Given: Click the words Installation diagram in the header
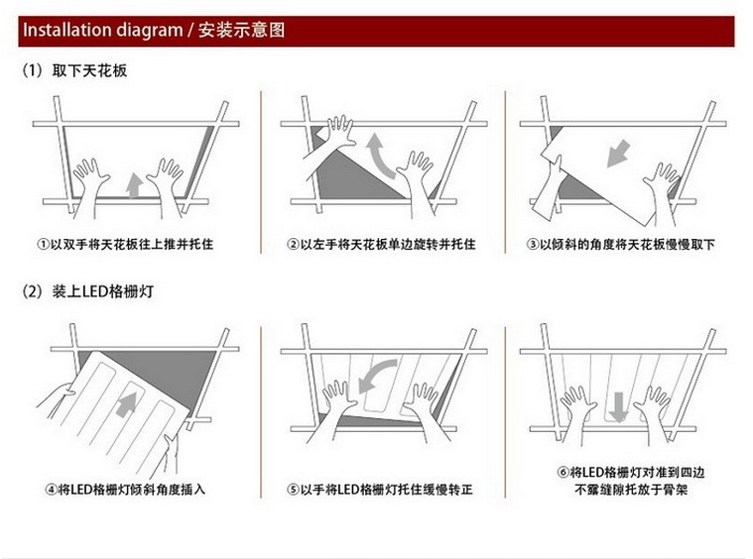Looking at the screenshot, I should [98, 31].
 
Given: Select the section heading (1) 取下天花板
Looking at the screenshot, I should [75, 71].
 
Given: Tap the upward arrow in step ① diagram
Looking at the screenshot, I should [134, 183].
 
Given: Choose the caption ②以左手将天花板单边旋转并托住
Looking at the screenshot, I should [382, 244].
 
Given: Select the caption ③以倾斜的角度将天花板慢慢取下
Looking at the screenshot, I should [621, 244].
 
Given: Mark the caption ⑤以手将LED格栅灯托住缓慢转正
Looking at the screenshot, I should [382, 490].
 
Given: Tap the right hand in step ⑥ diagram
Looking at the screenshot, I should [655, 406].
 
